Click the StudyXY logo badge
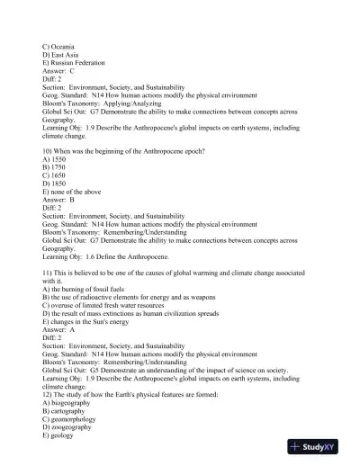[x=319, y=446]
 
